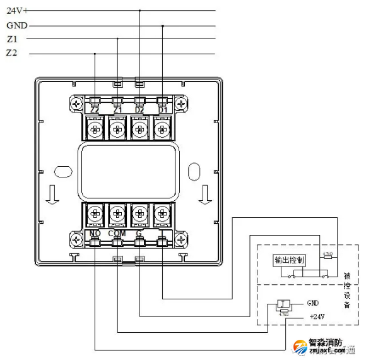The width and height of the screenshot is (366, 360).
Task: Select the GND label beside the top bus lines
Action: [16, 26]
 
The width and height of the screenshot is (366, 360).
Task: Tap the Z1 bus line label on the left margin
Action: [12, 39]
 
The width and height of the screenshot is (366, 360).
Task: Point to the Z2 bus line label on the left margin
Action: [12, 53]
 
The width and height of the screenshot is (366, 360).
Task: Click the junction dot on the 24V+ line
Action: [139, 11]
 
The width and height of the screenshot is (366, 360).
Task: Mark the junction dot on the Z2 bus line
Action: [95, 53]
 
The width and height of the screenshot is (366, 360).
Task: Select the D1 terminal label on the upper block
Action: [162, 111]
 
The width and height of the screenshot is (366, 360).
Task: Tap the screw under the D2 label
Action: [139, 128]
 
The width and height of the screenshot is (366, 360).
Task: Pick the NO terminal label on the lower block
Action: [95, 233]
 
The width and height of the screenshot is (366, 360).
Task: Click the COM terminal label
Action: [117, 233]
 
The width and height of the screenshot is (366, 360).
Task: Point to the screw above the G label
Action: [139, 213]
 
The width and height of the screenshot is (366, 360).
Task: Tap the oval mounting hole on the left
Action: [62, 171]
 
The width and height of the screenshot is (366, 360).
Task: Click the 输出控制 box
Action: [290, 261]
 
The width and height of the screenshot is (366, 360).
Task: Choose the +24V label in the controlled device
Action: [317, 316]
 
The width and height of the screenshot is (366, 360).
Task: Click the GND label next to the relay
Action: [315, 302]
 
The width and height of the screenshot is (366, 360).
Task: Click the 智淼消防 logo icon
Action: [301, 347]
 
